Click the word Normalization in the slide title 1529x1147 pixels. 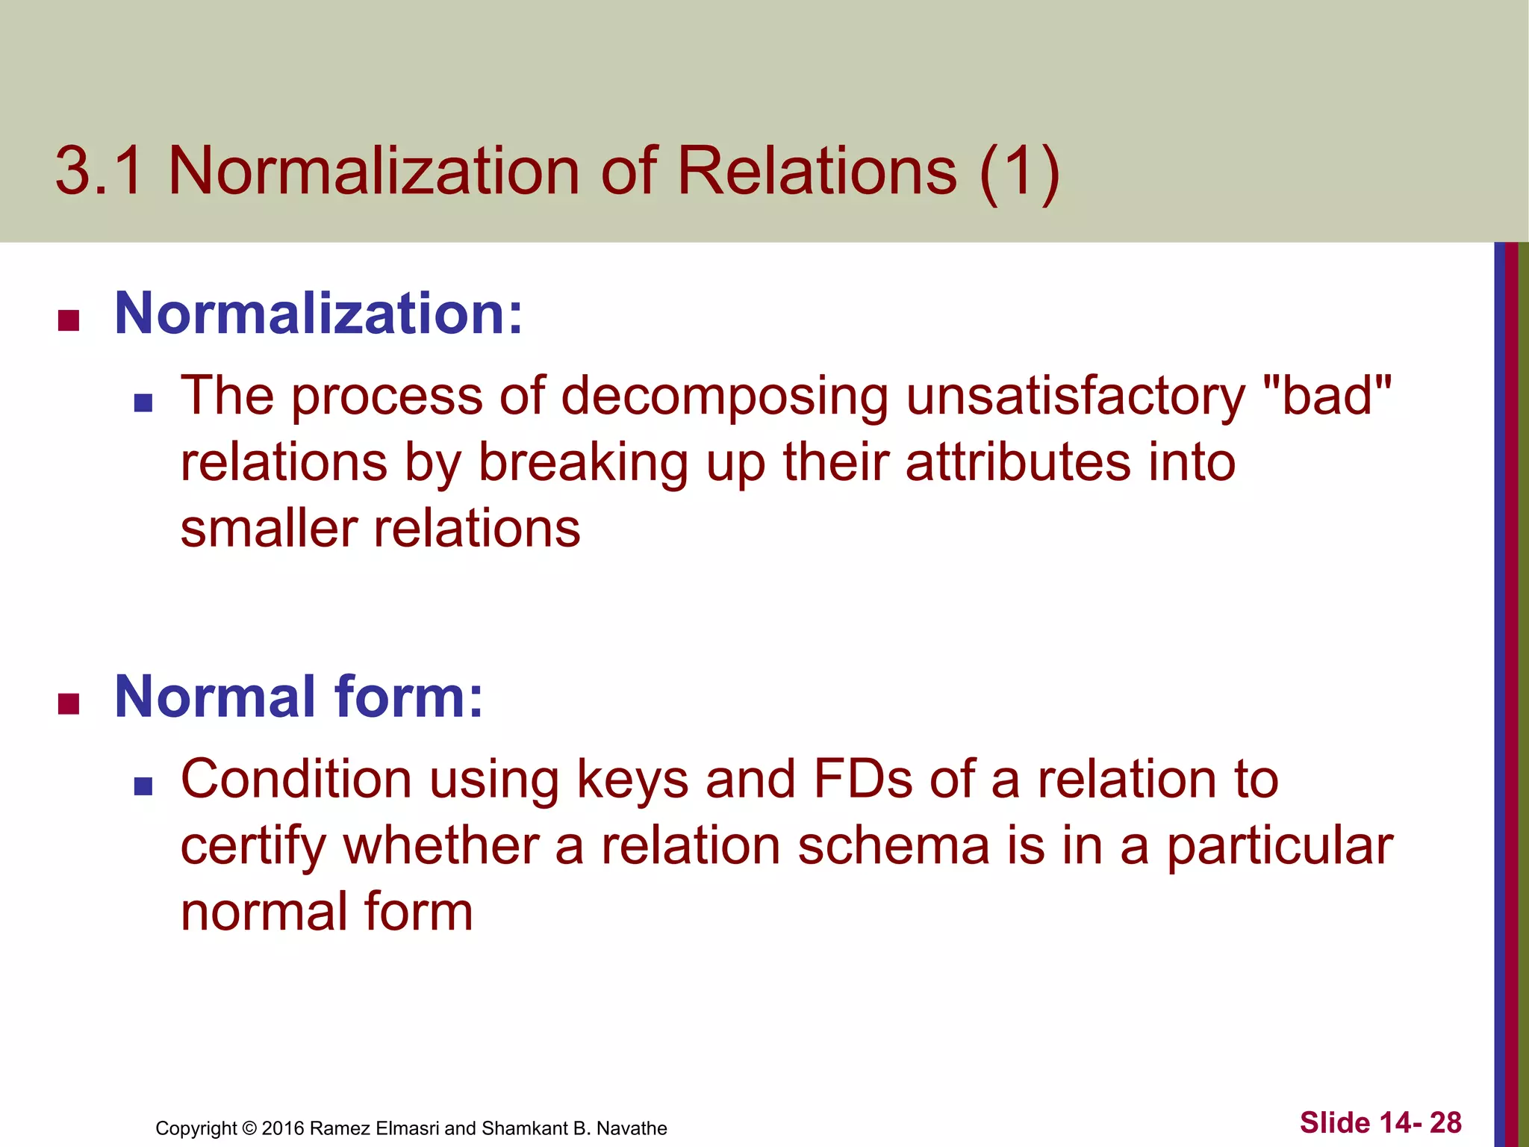click(373, 172)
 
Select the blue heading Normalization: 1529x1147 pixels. click(319, 314)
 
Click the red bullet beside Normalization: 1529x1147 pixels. click(69, 321)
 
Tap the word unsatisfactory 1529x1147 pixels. click(1075, 396)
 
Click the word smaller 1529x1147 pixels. click(269, 529)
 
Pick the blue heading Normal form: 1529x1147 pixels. click(299, 697)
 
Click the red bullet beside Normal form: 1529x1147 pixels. click(69, 704)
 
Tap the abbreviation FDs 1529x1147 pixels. click(862, 780)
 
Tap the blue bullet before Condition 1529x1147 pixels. click(143, 786)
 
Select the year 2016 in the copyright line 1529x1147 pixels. click(283, 1128)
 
